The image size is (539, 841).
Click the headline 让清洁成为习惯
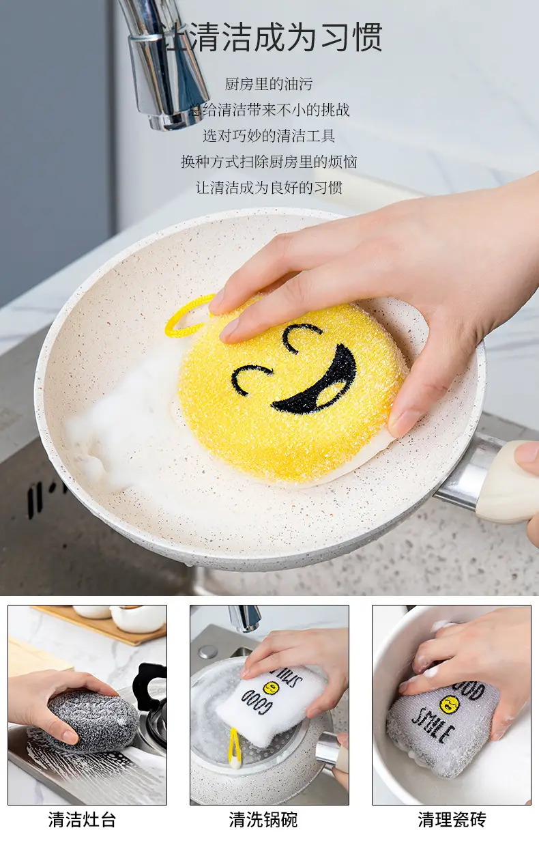coord(269,37)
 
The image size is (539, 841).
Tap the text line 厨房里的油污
coord(269,84)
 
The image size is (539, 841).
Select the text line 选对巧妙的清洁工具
coord(269,136)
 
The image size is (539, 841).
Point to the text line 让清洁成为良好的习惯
coord(269,187)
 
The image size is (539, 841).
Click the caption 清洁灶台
coord(82,819)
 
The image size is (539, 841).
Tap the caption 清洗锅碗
coord(263,819)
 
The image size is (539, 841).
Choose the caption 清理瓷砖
coord(452,819)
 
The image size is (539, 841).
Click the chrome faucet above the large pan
coord(165,68)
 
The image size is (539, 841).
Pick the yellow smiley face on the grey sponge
coord(450,704)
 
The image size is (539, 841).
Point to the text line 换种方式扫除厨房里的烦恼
coord(269,161)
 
